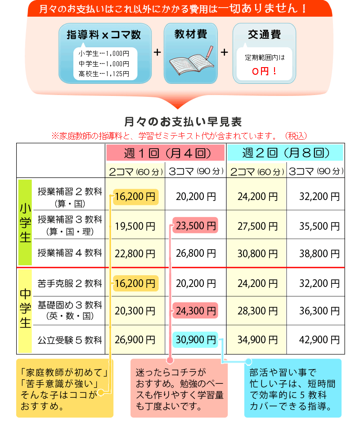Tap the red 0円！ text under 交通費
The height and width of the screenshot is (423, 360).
265,71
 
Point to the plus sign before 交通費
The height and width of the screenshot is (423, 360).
225,52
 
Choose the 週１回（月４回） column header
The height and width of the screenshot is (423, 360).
165,153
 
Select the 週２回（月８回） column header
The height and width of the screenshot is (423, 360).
285,153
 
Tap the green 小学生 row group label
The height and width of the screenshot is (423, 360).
25,223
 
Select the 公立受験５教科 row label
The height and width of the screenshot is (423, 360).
70,340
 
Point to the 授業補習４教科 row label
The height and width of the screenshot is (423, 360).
70,253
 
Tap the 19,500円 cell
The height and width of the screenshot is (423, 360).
135,226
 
